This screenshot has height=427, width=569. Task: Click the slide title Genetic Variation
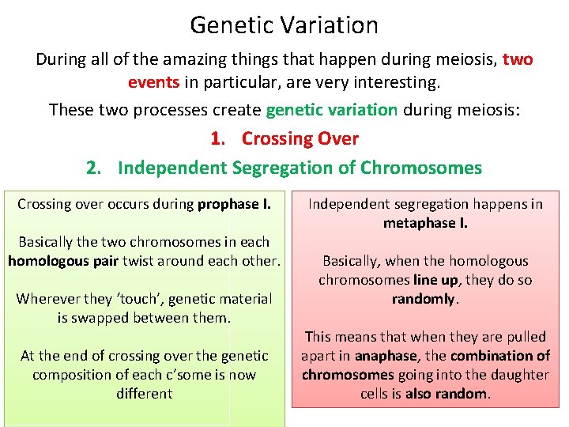pyautogui.click(x=284, y=25)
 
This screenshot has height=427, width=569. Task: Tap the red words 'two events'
pyautogui.click(x=332, y=71)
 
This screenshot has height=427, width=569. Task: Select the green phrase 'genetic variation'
pyautogui.click(x=332, y=109)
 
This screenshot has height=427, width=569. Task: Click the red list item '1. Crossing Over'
pyautogui.click(x=284, y=138)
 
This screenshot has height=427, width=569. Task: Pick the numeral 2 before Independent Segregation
pyautogui.click(x=92, y=168)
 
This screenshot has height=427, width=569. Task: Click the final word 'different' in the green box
pyautogui.click(x=144, y=394)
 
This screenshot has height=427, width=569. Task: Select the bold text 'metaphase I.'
pyautogui.click(x=425, y=223)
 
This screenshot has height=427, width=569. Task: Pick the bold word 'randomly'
pyautogui.click(x=424, y=299)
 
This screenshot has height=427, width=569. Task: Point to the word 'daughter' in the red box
pyautogui.click(x=520, y=375)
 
